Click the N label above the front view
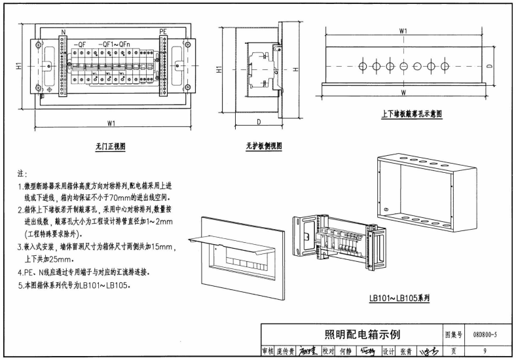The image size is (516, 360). (x=64, y=31)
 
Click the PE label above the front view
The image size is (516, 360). (x=164, y=31)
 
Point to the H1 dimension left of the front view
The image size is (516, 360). (x=20, y=66)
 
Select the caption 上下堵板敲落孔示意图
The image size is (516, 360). (x=412, y=113)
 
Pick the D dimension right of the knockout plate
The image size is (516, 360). (x=489, y=66)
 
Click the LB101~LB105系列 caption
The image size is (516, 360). (x=399, y=298)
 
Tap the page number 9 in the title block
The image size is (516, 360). (x=485, y=351)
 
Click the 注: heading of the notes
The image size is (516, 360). (x=22, y=174)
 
